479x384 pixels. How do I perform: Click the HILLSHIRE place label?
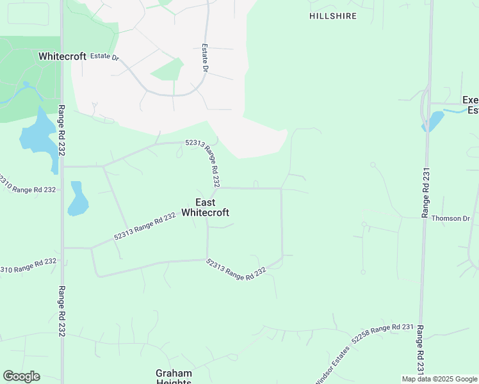[x=332, y=16]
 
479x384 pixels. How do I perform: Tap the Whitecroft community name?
[x=62, y=56]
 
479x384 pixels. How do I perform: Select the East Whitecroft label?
[x=205, y=207]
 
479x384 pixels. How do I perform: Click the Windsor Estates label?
[x=332, y=365]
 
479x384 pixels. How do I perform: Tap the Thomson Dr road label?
[x=450, y=218]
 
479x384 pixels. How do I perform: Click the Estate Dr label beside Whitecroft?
[x=104, y=56]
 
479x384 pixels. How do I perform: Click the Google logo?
[x=21, y=376]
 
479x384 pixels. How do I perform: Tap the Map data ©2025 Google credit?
[x=440, y=379]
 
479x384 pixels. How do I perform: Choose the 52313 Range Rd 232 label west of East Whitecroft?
[x=145, y=227]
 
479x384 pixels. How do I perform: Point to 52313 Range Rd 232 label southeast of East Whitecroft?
[x=236, y=269]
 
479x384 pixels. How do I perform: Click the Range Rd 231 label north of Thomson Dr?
[x=425, y=191]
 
